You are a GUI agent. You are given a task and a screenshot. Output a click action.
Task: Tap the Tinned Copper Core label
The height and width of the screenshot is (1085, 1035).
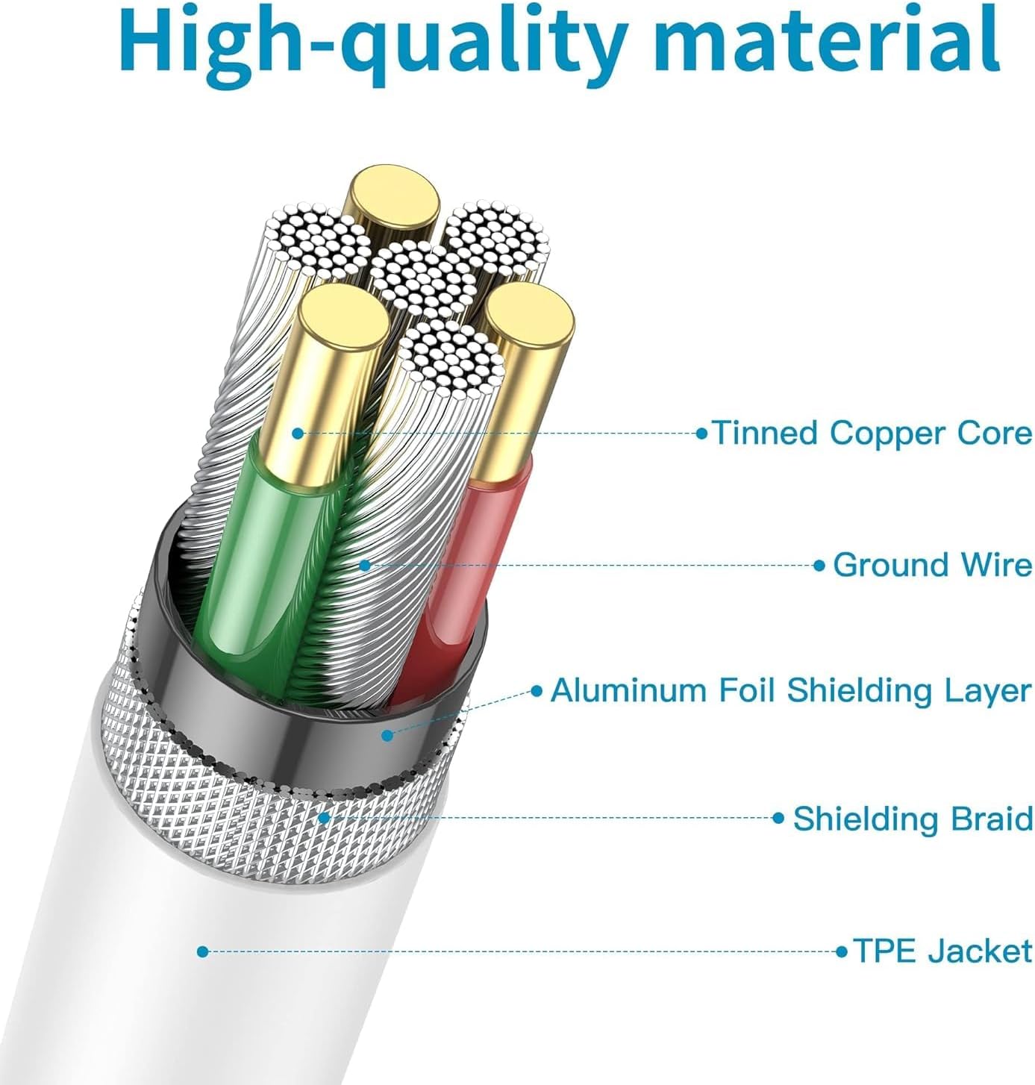(x=872, y=433)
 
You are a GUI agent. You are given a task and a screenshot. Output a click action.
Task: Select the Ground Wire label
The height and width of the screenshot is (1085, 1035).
(x=932, y=565)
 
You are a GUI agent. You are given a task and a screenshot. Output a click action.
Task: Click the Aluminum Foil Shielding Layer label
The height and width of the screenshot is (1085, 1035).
(x=791, y=692)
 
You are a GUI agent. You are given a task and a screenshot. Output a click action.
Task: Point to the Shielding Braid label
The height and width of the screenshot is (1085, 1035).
(x=913, y=818)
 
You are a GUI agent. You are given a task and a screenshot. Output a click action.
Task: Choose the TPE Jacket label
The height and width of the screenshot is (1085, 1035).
(x=942, y=951)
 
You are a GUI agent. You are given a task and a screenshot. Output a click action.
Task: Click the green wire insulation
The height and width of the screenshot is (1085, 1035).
(x=260, y=563)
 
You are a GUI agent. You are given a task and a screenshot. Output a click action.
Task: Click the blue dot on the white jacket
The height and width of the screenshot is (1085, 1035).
(x=202, y=951)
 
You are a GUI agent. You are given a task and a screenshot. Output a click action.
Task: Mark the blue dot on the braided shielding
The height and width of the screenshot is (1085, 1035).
(x=325, y=817)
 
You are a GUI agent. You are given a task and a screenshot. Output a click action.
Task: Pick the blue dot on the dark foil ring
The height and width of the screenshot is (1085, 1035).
(x=387, y=735)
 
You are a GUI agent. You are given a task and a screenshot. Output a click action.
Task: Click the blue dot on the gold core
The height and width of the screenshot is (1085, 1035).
(x=298, y=434)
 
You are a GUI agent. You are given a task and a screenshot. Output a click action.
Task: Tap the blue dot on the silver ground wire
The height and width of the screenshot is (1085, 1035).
(x=364, y=565)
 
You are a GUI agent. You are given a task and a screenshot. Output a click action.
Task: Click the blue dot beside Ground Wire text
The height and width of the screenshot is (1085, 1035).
(x=819, y=565)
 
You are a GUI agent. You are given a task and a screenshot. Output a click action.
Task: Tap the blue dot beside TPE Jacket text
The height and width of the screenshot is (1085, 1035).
(x=841, y=951)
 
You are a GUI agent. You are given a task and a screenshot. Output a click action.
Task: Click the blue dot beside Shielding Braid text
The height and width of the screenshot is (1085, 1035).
(x=778, y=817)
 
